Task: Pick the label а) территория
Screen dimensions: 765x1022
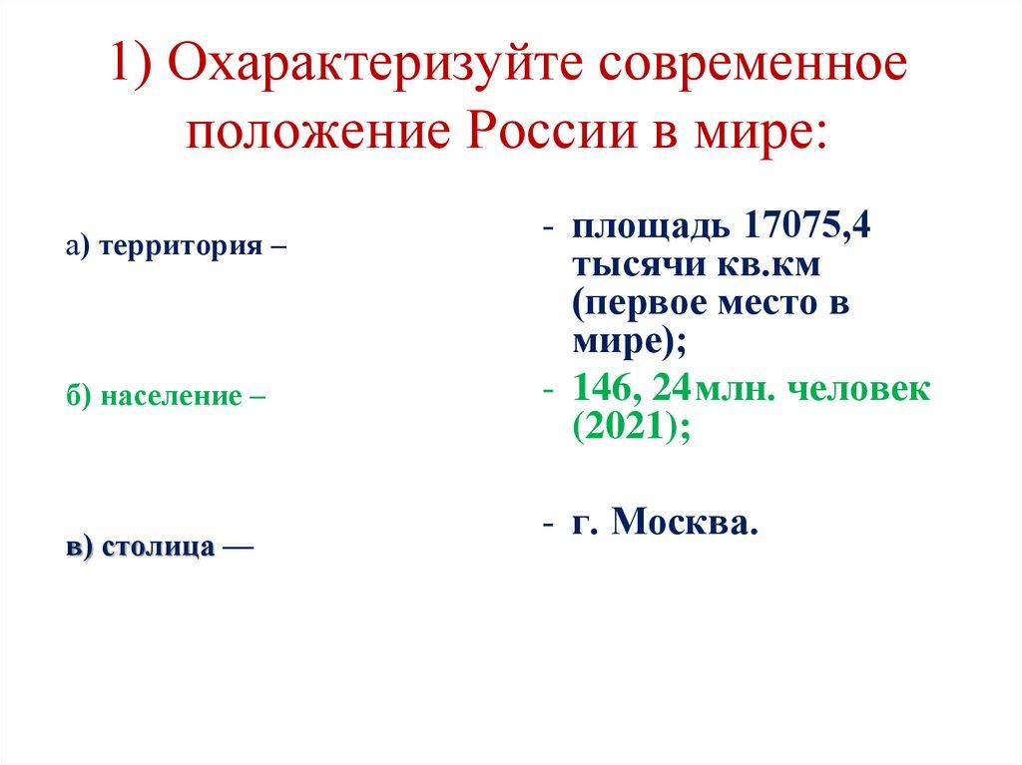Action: pos(170,245)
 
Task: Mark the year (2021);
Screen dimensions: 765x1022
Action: pos(631,427)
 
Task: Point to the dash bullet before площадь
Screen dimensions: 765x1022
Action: pos(548,229)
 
